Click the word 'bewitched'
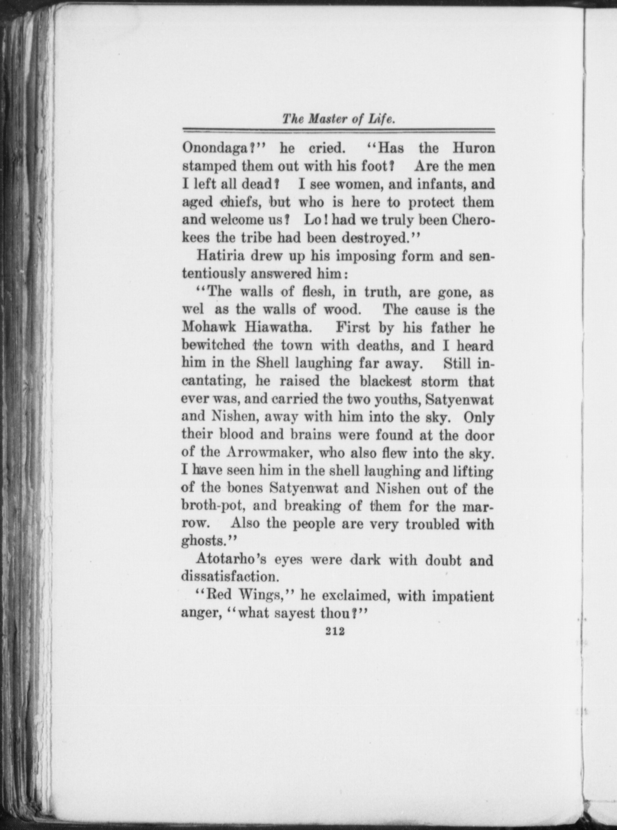(x=213, y=346)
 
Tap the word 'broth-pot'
(x=213, y=506)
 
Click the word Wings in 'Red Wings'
(x=260, y=596)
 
